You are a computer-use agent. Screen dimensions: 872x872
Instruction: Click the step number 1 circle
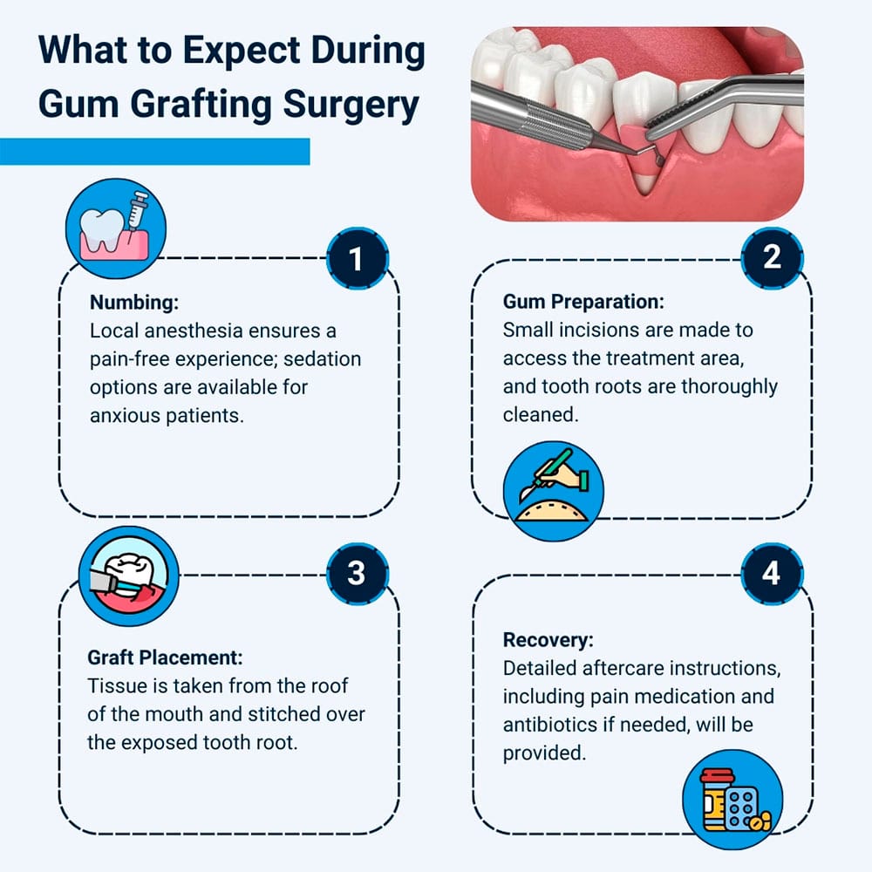point(357,258)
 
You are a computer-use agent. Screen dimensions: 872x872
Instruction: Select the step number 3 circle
point(357,573)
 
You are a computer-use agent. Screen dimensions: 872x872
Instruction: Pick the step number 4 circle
point(772,575)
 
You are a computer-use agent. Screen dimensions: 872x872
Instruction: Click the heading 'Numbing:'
point(134,303)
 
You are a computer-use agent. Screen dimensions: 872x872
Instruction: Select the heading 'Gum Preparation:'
point(583,302)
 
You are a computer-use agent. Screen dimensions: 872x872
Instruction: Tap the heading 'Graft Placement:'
point(165,657)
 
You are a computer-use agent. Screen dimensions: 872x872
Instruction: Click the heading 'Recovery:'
point(548,639)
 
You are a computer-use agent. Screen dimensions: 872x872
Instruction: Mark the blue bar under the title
point(155,152)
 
